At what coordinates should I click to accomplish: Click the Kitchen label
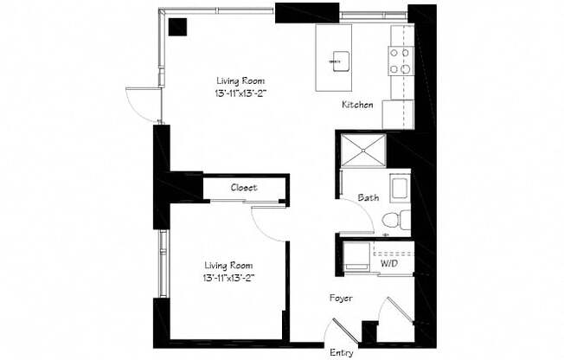pyautogui.click(x=357, y=105)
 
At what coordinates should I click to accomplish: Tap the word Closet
pyautogui.click(x=244, y=188)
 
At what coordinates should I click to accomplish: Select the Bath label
pyautogui.click(x=369, y=197)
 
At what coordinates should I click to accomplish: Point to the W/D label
pyautogui.click(x=389, y=264)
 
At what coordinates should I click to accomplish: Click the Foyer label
pyautogui.click(x=341, y=299)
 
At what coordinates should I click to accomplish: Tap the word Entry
pyautogui.click(x=342, y=353)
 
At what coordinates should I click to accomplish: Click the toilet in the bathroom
pyautogui.click(x=396, y=219)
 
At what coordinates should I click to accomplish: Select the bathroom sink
pyautogui.click(x=401, y=188)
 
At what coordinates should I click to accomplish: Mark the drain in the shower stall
pyautogui.click(x=363, y=150)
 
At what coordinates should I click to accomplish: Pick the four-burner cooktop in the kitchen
pyautogui.click(x=401, y=61)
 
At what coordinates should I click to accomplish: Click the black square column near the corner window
pyautogui.click(x=177, y=27)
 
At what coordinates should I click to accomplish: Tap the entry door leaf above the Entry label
pyautogui.click(x=345, y=331)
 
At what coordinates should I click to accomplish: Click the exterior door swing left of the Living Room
pyautogui.click(x=140, y=105)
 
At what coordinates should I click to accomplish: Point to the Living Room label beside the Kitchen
pyautogui.click(x=240, y=87)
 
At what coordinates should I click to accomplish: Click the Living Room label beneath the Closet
pyautogui.click(x=228, y=272)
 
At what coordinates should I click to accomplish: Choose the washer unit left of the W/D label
pyautogui.click(x=356, y=256)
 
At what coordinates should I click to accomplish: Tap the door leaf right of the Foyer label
pyautogui.click(x=400, y=310)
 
